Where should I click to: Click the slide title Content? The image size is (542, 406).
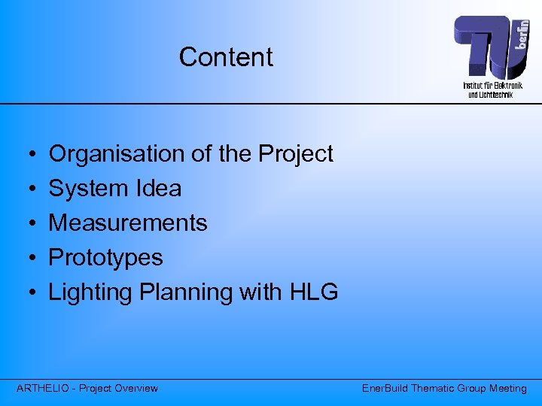click(226, 57)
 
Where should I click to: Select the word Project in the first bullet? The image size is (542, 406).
click(295, 154)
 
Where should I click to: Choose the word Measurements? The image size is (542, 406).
click(128, 223)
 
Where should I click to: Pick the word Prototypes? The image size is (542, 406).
click(105, 258)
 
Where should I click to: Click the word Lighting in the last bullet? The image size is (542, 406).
click(91, 292)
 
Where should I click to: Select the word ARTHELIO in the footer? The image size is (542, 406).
click(46, 389)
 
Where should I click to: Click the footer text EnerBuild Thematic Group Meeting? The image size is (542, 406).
click(444, 389)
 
